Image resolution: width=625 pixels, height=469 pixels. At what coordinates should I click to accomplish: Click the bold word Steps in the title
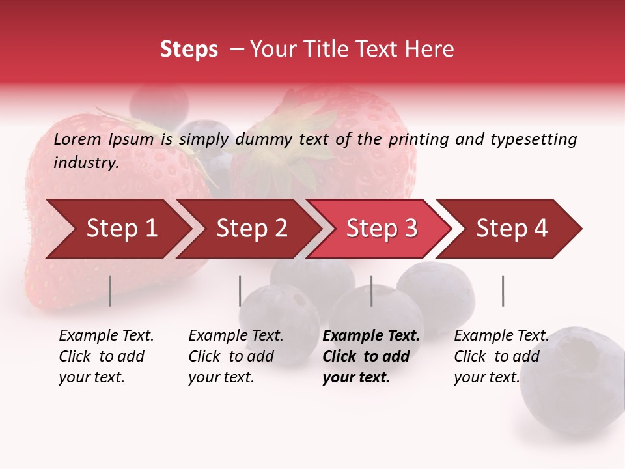pos(189,50)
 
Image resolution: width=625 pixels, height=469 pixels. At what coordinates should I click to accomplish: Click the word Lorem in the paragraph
pos(76,139)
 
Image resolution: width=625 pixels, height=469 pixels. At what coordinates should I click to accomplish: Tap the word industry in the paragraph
pos(86,163)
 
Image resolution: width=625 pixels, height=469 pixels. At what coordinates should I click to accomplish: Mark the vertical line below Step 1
pos(109,291)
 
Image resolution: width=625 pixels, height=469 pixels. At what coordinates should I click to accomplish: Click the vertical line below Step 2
pos(240,291)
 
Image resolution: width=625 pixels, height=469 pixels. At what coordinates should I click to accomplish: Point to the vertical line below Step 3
pos(371,291)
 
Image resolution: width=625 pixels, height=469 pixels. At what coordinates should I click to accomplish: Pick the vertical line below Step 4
pos(503,291)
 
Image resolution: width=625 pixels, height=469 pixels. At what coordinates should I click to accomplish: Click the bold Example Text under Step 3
pos(371,336)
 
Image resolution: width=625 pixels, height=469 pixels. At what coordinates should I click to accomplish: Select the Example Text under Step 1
pos(106,336)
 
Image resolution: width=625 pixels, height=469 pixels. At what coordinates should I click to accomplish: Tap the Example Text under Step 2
pos(236,336)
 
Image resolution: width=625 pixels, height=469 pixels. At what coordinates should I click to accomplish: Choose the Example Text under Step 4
pos(501,336)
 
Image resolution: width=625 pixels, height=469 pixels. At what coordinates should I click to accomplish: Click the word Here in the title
pos(430,50)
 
